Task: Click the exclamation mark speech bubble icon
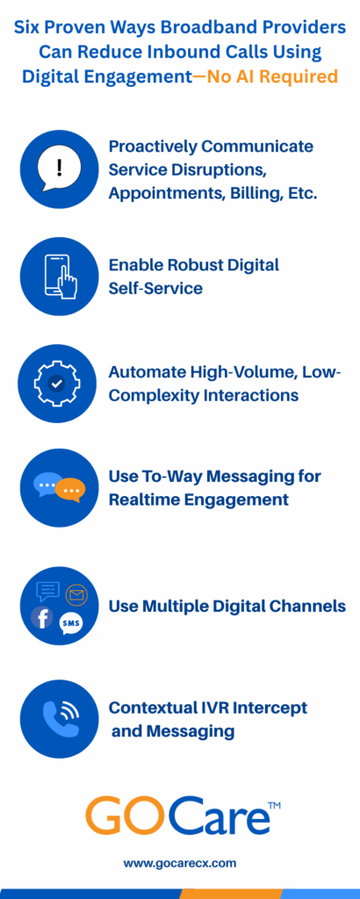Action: (x=59, y=169)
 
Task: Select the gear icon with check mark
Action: (x=57, y=384)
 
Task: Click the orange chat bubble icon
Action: (x=73, y=491)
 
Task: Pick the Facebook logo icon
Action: (x=42, y=617)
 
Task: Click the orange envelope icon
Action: (x=76, y=594)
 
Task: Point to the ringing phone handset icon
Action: (x=61, y=718)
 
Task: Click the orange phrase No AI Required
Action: (x=272, y=76)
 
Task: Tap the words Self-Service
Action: (x=155, y=288)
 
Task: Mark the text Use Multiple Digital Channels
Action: (x=227, y=606)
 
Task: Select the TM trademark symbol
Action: (x=274, y=806)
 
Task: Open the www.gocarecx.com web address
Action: (x=179, y=863)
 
